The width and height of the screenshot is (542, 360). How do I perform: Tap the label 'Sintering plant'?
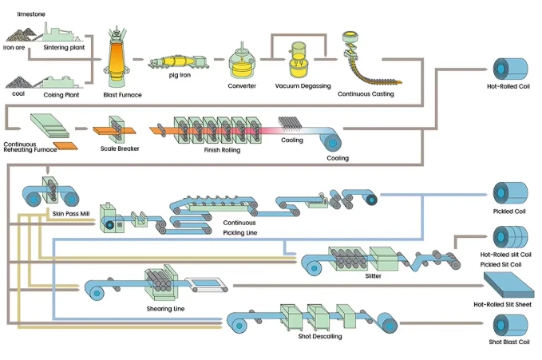[64, 47]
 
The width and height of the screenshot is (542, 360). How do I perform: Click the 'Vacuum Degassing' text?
[303, 85]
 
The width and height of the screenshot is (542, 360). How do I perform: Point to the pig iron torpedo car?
[179, 62]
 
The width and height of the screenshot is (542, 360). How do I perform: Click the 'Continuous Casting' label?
[366, 93]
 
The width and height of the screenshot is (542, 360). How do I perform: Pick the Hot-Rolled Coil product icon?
[511, 69]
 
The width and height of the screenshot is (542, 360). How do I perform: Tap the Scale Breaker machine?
[115, 130]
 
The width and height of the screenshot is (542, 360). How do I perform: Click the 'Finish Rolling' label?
[222, 150]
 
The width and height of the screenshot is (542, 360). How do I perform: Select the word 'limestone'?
[31, 14]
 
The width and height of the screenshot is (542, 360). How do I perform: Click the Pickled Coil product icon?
[511, 193]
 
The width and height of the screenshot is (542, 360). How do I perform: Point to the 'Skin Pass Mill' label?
[71, 214]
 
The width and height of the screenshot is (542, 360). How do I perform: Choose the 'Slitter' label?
[374, 276]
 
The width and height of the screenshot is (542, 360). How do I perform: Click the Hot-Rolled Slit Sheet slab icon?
[508, 285]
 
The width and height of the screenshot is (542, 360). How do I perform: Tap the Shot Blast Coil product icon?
[511, 326]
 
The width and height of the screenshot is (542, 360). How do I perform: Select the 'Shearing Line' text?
[165, 309]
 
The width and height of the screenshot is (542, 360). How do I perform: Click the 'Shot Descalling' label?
[320, 336]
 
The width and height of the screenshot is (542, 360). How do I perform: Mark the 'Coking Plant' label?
[61, 95]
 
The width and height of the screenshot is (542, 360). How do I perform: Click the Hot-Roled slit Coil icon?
[511, 237]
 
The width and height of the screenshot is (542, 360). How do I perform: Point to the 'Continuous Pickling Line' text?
[240, 227]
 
